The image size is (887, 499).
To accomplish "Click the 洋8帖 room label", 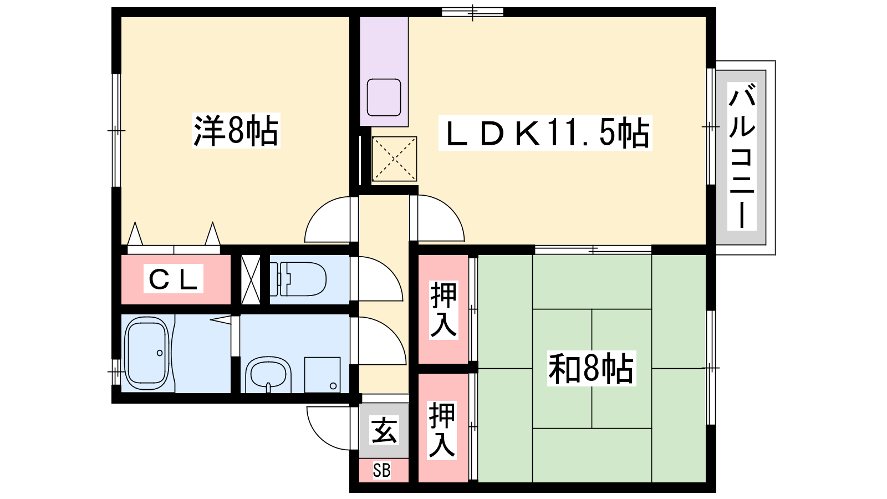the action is click(236, 130).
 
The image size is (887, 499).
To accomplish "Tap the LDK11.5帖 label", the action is click(545, 133).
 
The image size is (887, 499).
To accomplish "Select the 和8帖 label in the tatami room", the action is click(592, 368).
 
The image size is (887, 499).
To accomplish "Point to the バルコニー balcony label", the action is click(742, 156).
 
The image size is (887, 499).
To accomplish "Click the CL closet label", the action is click(174, 279).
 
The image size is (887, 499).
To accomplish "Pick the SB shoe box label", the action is click(382, 471).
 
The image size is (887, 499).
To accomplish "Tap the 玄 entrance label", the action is click(384, 430).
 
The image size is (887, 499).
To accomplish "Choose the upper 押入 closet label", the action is click(443, 310).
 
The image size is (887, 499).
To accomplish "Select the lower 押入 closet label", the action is click(442, 430).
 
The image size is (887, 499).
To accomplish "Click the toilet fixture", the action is click(302, 279).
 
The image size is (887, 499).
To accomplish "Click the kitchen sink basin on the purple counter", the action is click(384, 98).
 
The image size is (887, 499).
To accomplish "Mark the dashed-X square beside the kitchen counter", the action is click(394, 159).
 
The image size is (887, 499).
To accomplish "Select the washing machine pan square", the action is click(322, 375).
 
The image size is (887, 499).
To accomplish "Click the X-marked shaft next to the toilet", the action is click(251, 279).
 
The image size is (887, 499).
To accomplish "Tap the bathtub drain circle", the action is click(160, 353).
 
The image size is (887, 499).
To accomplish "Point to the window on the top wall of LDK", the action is click(472, 12).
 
